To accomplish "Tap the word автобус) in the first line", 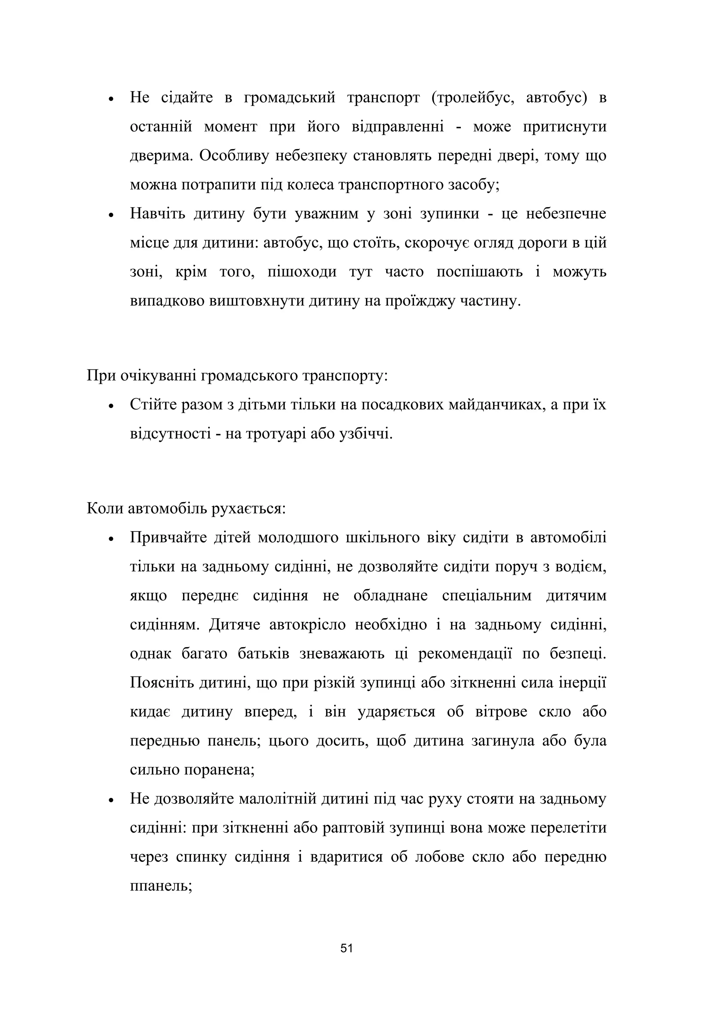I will coord(556,97).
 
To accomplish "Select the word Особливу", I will coord(234,156).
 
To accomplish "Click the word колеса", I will coord(310,185).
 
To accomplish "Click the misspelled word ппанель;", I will coord(161,886).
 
